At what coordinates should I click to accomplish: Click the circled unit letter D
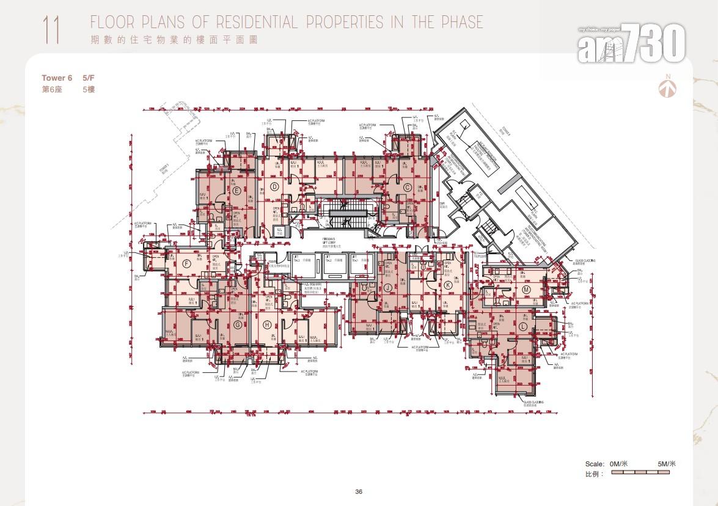274,187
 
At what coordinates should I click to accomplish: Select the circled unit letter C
407,187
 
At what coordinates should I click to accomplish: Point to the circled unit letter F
186,264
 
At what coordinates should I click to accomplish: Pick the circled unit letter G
237,324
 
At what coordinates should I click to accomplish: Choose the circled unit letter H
267,324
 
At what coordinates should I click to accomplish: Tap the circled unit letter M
526,290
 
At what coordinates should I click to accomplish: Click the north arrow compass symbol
667,87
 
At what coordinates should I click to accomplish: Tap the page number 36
359,492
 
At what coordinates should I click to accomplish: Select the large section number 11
51,30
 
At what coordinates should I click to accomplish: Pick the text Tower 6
57,78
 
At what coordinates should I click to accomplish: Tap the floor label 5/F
89,78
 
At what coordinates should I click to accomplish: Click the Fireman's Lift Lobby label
333,243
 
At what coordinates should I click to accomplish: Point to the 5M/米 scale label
667,464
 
